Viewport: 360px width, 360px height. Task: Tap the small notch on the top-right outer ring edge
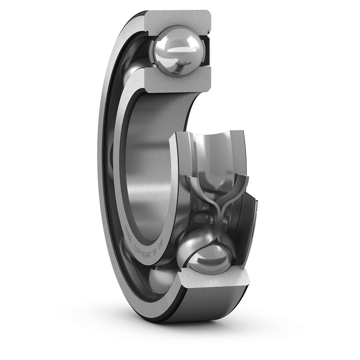coord(208,32)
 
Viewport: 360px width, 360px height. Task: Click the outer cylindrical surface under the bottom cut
coord(211,306)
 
